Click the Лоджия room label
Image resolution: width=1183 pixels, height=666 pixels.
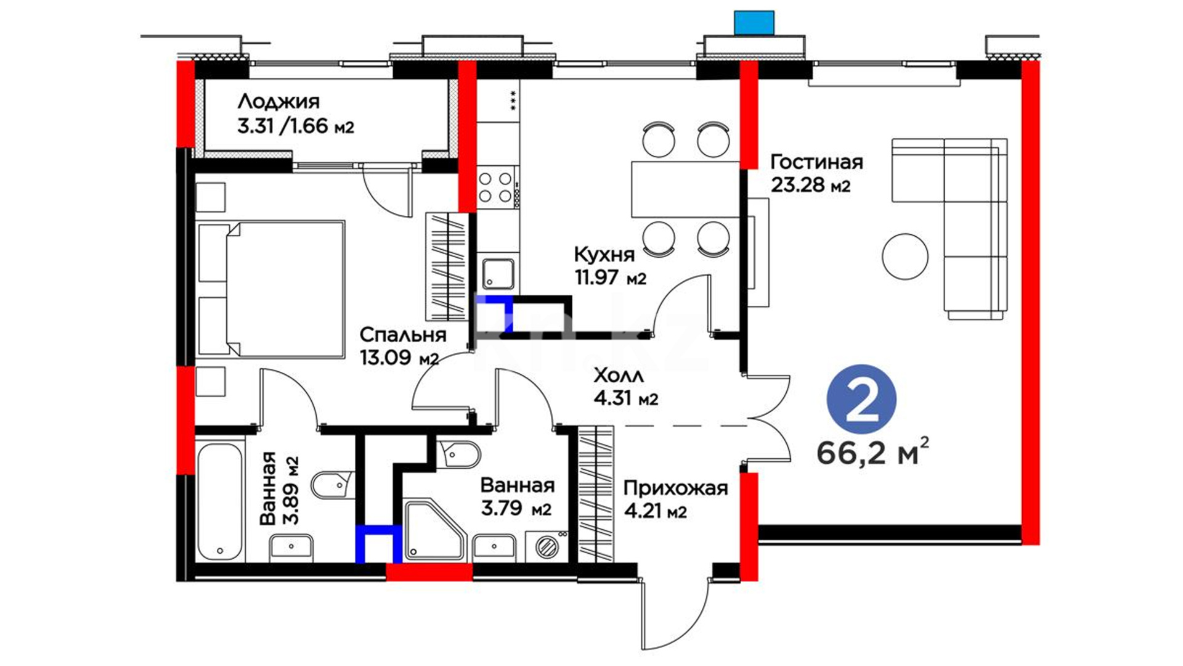tap(278, 102)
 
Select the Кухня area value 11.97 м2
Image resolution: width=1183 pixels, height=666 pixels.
tap(610, 277)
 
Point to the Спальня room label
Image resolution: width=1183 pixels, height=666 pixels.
tap(402, 335)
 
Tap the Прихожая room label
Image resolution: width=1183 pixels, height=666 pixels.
tap(675, 488)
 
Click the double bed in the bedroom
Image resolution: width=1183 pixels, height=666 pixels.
tap(271, 289)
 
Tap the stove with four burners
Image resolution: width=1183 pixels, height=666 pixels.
tap(496, 187)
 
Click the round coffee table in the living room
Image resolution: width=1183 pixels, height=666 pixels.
tap(905, 256)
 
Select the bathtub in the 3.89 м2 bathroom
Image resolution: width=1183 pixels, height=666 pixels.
tap(220, 501)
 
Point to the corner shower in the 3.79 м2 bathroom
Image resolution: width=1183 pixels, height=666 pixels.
tap(433, 530)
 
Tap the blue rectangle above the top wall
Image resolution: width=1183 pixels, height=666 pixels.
tap(754, 22)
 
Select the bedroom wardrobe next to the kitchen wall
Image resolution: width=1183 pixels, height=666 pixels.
tap(446, 266)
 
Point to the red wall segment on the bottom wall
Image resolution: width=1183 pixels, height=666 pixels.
tap(429, 572)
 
